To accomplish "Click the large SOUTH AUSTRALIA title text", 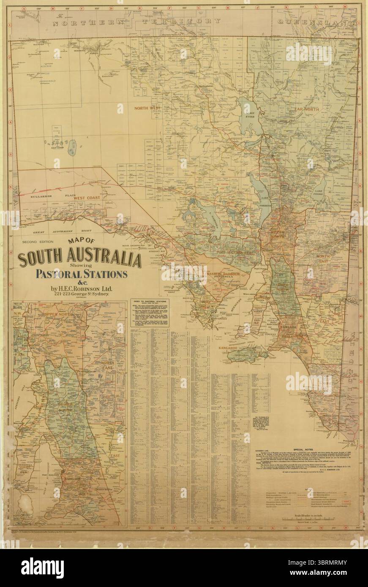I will tap(79, 259).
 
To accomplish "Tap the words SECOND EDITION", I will tap(38, 242).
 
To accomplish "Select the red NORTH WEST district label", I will tap(147, 109).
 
